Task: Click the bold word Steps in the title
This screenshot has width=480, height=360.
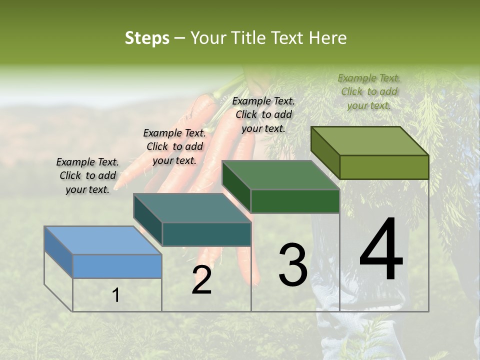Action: pos(147,38)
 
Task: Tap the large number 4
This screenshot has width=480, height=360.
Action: pos(381,250)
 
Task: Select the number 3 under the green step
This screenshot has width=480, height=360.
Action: pos(292,265)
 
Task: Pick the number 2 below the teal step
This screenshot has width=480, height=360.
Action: pos(201,280)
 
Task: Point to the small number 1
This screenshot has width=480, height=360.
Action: pos(116,295)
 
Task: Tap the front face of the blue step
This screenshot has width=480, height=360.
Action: pos(117,266)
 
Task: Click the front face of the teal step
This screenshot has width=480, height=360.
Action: pos(206,234)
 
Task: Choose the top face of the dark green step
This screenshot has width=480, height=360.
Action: pos(280,175)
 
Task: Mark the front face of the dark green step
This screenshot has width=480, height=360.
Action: pos(295,201)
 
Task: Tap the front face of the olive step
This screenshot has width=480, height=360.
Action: pos(384,167)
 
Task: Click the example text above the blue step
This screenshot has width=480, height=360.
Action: pos(87,176)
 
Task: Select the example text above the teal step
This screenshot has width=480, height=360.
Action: pos(174,147)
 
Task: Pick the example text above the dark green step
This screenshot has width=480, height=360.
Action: pos(263,114)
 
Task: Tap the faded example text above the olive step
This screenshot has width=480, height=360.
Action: pos(369,91)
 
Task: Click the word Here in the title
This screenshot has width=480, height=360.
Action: pos(328,38)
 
